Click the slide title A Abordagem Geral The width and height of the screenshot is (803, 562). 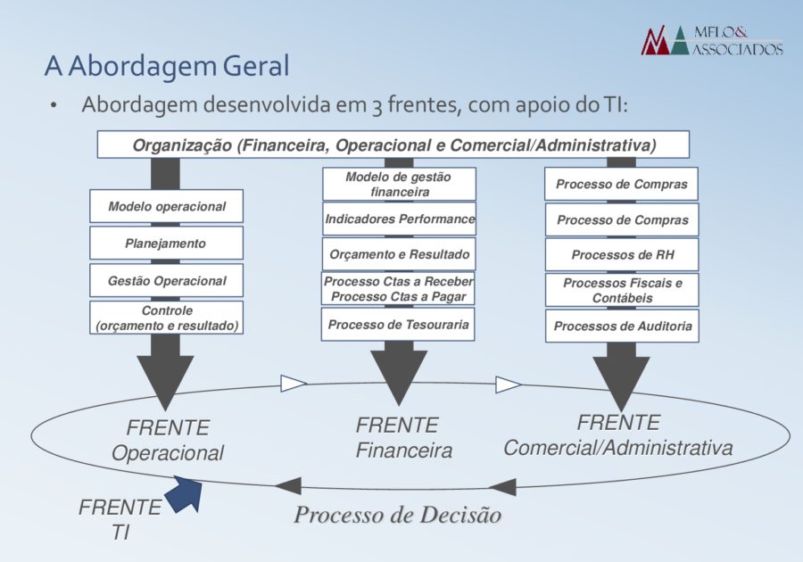coord(167,66)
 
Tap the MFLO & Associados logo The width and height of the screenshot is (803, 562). coord(712,40)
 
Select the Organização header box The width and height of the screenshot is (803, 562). coord(393,145)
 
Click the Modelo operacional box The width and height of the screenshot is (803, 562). coord(167,206)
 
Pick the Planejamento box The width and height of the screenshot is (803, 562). coord(167,244)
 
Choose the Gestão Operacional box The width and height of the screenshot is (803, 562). coord(167,280)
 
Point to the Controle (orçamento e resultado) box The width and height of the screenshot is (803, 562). coord(167,318)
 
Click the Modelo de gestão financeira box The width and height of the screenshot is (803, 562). coord(399,184)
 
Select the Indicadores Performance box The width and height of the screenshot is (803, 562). coord(399,219)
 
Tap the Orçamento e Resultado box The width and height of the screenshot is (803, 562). coord(399,254)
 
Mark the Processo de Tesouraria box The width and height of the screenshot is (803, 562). coord(398,325)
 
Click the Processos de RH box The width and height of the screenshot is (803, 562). coord(622,254)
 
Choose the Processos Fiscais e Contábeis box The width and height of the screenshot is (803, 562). coord(622,290)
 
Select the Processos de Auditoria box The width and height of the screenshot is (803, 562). coord(622,326)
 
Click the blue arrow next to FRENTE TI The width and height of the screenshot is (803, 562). coord(185,493)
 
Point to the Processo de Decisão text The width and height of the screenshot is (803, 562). coord(397,515)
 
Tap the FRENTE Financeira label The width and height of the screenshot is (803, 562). coord(403,438)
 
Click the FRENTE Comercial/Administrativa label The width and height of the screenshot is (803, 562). coord(618,435)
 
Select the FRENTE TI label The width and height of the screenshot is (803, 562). coord(120,519)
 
